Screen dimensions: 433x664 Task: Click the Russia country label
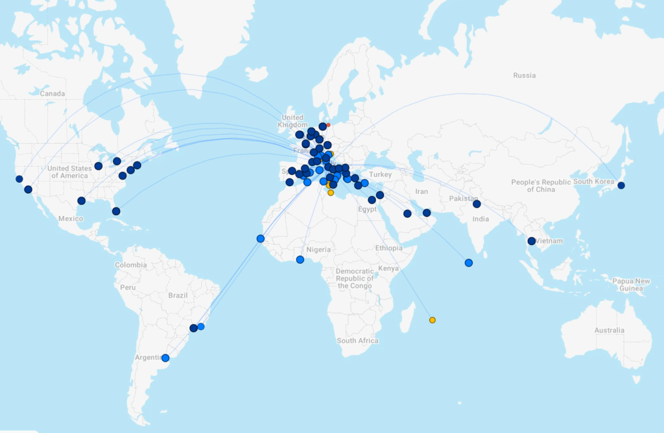click(x=524, y=75)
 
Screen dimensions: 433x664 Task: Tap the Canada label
click(x=53, y=93)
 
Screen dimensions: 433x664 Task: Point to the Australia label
click(x=609, y=330)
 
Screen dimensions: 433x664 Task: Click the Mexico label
click(x=71, y=218)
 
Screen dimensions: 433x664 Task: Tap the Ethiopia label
click(x=388, y=248)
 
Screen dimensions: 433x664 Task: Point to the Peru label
click(x=127, y=287)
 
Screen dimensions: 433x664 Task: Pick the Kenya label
click(x=388, y=268)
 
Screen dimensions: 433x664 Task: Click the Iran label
click(x=421, y=191)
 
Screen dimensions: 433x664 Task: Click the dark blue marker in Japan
click(x=621, y=185)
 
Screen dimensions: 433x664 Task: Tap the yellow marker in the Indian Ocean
click(x=433, y=320)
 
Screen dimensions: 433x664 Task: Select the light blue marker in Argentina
click(x=165, y=358)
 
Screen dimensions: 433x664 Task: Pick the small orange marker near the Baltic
click(x=328, y=125)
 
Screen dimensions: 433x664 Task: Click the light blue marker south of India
click(x=469, y=263)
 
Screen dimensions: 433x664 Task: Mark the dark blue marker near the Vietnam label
click(x=532, y=241)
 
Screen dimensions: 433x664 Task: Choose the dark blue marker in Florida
click(x=116, y=211)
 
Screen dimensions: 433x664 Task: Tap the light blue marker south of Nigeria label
click(x=300, y=260)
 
